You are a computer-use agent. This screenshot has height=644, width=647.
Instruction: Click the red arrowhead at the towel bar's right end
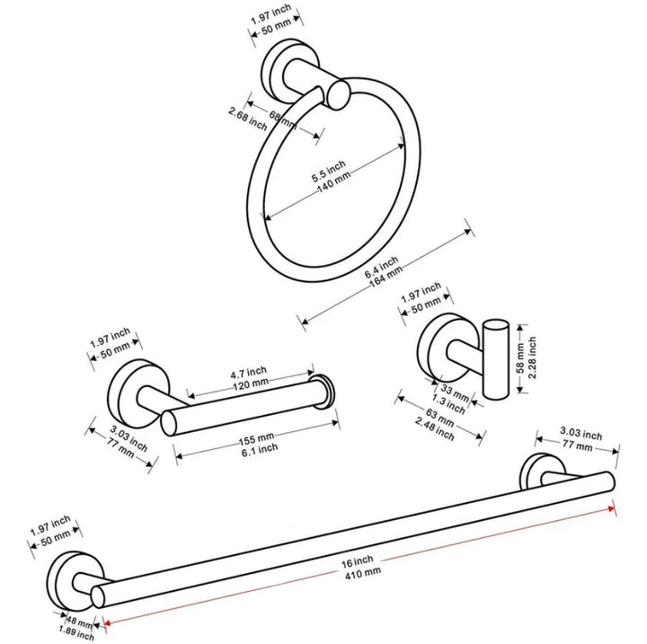[x=614, y=506]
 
